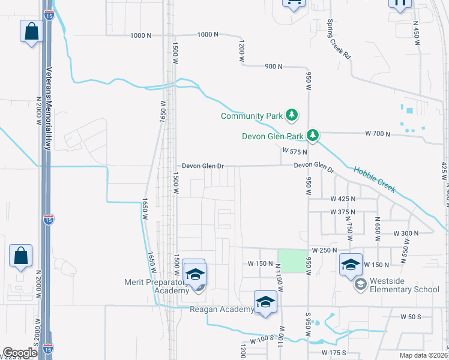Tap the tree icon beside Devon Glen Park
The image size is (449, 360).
313,136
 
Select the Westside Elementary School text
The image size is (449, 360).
405,289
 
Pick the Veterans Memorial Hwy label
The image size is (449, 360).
48,108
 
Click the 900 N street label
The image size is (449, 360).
273,66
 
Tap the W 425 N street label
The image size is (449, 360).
343,198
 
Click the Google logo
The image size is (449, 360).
20,352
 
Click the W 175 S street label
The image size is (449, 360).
334,352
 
